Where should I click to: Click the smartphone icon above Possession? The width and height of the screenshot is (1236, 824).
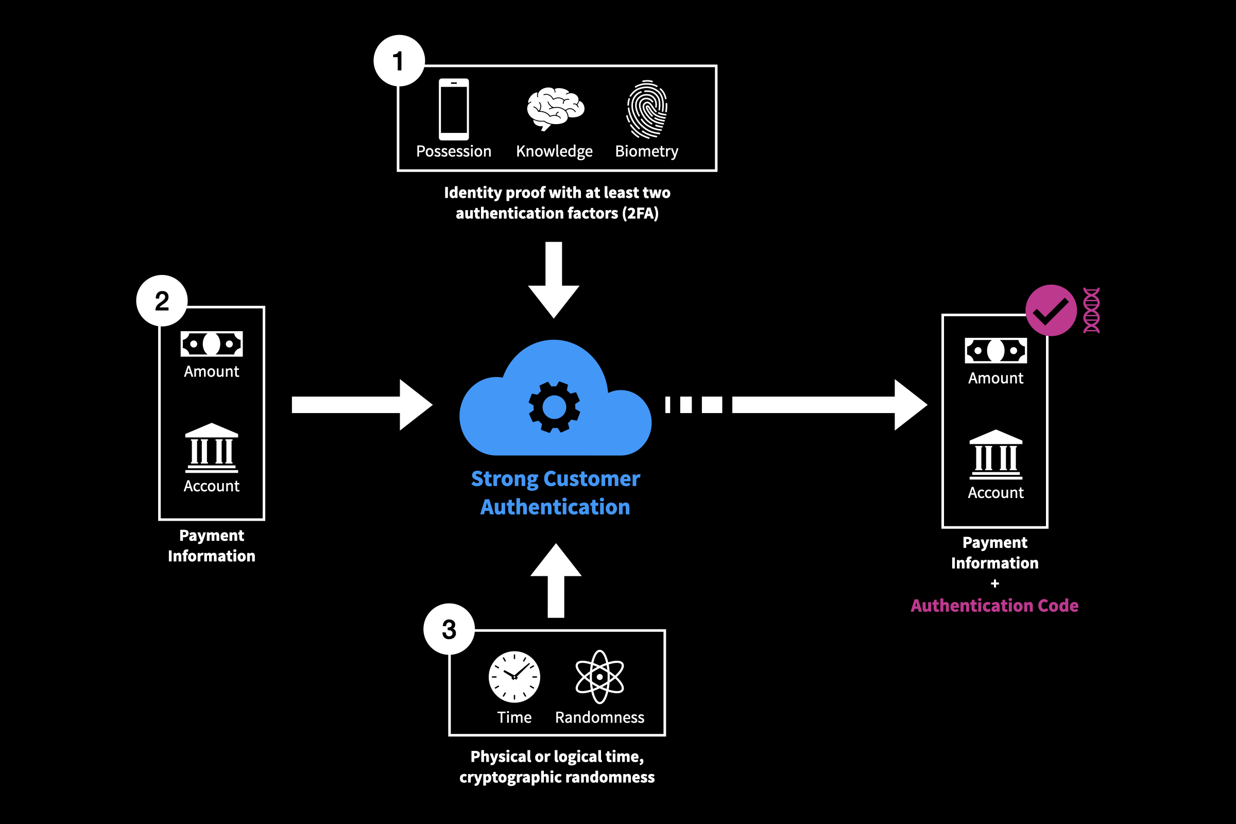(x=454, y=109)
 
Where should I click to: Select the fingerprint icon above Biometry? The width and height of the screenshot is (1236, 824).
(x=646, y=109)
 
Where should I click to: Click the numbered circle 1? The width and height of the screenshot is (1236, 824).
(x=399, y=61)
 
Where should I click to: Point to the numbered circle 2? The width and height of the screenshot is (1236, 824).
(x=162, y=301)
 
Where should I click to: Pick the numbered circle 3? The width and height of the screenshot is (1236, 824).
(x=449, y=629)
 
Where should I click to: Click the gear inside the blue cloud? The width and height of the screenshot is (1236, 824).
(x=554, y=407)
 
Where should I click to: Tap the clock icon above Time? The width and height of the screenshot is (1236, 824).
(x=514, y=677)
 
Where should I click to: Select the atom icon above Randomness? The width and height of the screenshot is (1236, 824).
(x=599, y=677)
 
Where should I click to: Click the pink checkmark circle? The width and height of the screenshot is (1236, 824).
(x=1051, y=311)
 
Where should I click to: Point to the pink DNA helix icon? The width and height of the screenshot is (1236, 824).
(x=1091, y=310)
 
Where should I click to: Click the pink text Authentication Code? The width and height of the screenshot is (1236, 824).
(x=994, y=606)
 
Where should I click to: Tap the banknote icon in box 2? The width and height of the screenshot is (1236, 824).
(x=212, y=344)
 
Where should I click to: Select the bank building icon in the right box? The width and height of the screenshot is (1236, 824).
(x=995, y=455)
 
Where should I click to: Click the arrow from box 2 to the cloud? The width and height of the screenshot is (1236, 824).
(x=363, y=405)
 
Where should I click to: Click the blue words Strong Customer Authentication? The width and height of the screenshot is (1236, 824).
(x=556, y=492)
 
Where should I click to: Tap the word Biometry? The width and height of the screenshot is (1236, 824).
(x=646, y=151)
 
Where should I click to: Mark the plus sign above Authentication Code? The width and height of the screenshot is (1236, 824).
(x=994, y=583)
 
